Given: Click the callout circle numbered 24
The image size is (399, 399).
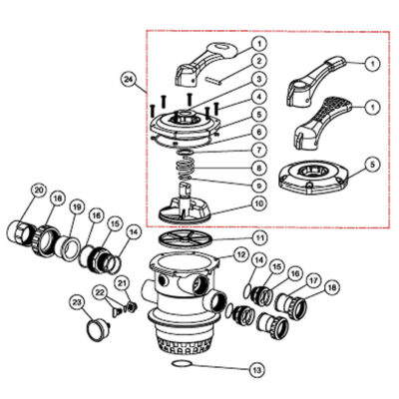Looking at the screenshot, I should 127,77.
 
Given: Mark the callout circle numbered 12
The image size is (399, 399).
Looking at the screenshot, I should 240,255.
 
